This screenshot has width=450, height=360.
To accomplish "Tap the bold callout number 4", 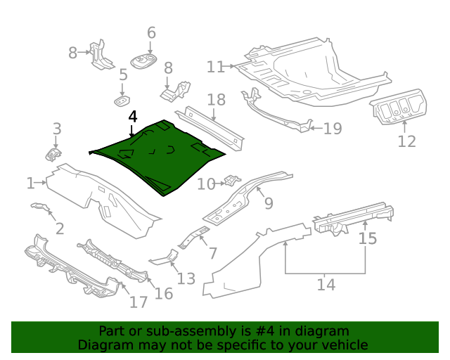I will (x=134, y=117).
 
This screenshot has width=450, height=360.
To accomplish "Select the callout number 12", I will (x=406, y=141).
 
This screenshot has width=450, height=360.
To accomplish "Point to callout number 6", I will (x=150, y=33).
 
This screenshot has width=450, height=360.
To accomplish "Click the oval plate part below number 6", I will (x=144, y=61).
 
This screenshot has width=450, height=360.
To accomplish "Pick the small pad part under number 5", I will (x=122, y=101).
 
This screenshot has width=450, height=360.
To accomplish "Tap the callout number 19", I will (x=332, y=128).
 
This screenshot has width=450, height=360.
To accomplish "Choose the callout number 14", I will (x=326, y=285).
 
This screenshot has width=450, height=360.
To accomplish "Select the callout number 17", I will (x=139, y=302).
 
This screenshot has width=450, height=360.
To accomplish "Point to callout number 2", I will (x=60, y=228).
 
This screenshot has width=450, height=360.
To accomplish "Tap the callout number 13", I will (x=186, y=279).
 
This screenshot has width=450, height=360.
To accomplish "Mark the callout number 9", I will (x=268, y=203).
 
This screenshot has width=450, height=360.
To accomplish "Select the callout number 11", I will (x=215, y=67).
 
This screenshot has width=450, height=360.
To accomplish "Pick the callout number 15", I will (x=368, y=238).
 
